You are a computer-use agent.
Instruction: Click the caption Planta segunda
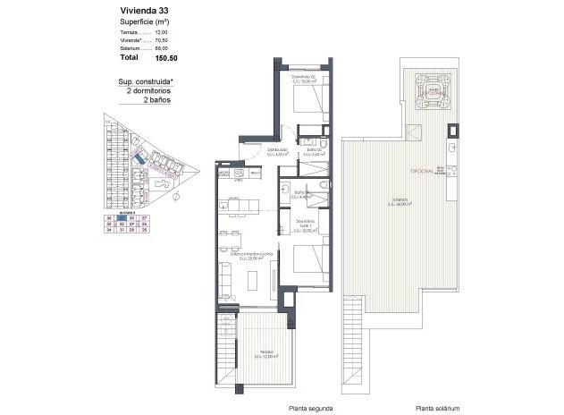pos(310,407)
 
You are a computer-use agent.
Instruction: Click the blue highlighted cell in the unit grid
pos(122,216)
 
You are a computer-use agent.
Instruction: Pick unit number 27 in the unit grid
pos(144,216)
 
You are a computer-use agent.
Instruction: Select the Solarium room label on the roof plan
pos(399,201)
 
